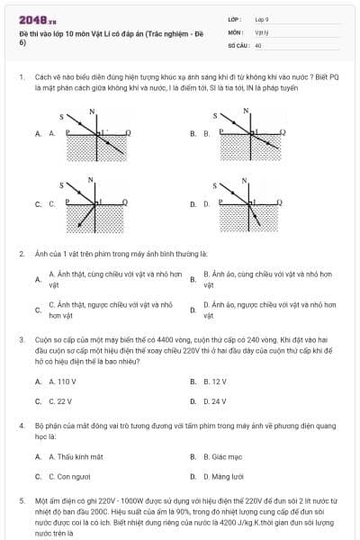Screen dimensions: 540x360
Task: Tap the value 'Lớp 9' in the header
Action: click(x=263, y=18)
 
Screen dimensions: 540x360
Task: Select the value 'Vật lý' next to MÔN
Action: click(x=262, y=31)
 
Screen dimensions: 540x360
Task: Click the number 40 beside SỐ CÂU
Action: click(x=258, y=44)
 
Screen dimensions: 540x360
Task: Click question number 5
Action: click(x=21, y=499)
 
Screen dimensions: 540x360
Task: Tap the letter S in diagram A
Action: click(x=62, y=115)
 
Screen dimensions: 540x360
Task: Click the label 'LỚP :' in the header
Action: click(x=235, y=18)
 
